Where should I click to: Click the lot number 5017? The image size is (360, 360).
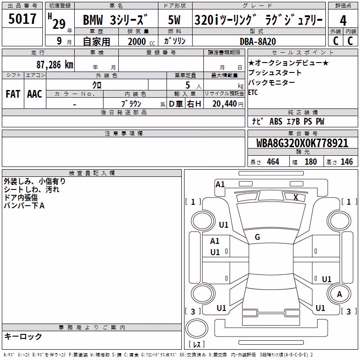[22, 18]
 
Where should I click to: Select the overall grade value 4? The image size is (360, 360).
[343, 21]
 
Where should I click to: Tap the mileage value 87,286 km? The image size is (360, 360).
[55, 65]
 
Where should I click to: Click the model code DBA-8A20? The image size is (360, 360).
[257, 41]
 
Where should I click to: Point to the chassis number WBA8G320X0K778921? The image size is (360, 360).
[302, 143]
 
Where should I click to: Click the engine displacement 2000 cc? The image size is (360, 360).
[141, 41]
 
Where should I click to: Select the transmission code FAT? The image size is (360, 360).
[13, 94]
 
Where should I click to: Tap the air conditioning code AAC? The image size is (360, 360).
[35, 94]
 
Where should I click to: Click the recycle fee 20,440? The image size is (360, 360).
[224, 104]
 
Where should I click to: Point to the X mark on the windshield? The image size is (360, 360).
[296, 197]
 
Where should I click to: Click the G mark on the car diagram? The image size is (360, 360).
[257, 237]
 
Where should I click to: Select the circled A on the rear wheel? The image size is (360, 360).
[339, 294]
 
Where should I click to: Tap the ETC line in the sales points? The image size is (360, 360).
[253, 93]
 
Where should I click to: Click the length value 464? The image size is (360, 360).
[273, 162]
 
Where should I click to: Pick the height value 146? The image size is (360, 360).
[346, 162]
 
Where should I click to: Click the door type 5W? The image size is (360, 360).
[174, 20]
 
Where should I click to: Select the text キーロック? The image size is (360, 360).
[23, 337]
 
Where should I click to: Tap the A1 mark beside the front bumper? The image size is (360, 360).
[220, 184]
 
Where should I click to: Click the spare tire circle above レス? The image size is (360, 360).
[197, 328]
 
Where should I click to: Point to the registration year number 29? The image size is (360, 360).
[59, 24]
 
